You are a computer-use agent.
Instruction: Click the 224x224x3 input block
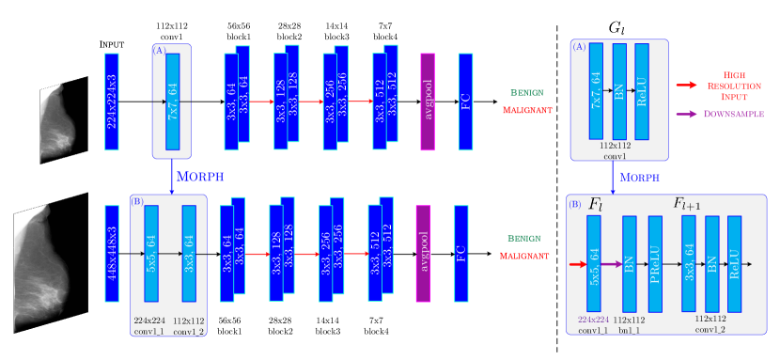tap(111, 102)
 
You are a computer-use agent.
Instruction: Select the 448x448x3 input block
tap(111, 253)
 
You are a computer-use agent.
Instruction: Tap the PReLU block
tap(655, 262)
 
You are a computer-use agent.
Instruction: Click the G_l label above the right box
tap(616, 28)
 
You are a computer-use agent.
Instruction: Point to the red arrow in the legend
tap(687, 86)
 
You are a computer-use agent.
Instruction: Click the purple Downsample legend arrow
tap(687, 114)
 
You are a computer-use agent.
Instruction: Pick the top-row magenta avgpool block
tap(428, 102)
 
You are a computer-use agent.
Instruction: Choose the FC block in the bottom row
tap(460, 253)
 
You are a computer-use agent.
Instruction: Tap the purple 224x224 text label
tap(594, 319)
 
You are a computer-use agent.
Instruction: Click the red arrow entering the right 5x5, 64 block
tap(577, 264)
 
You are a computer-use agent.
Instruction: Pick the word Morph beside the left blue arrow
tap(198, 176)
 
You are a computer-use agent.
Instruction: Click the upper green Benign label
tap(526, 93)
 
